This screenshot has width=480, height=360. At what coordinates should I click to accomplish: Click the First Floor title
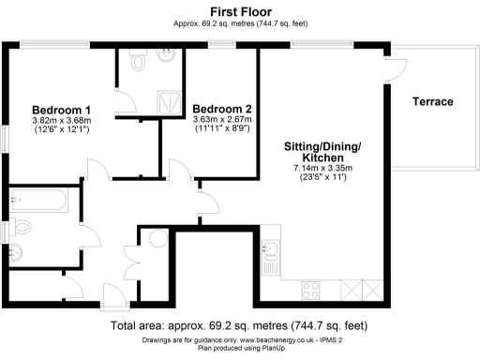(x=240, y=10)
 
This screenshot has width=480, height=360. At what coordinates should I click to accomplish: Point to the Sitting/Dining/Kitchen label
(x=321, y=154)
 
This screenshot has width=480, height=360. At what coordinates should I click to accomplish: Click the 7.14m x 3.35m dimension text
(x=321, y=170)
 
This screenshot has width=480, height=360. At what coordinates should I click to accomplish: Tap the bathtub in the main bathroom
(x=37, y=200)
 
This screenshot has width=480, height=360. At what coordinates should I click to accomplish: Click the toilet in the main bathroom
(x=21, y=227)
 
